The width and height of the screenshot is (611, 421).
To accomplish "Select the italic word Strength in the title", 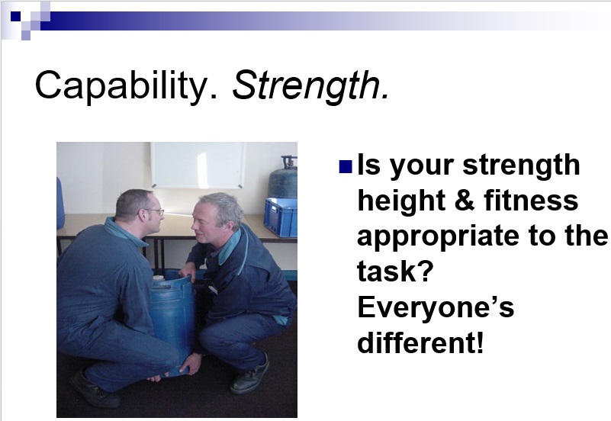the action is (x=310, y=85).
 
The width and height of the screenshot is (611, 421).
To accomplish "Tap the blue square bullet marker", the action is (x=346, y=167).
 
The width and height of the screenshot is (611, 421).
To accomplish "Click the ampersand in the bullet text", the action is (x=465, y=200).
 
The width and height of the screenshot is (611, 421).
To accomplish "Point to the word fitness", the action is (x=531, y=200).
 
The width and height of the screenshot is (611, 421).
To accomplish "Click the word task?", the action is (x=395, y=271).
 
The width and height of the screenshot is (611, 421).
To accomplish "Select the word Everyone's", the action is (x=436, y=307).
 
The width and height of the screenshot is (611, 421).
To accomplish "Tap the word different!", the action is (x=420, y=342).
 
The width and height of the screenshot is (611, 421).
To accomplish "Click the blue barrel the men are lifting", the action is (x=172, y=320).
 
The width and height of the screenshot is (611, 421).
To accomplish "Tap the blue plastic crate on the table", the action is (x=280, y=217).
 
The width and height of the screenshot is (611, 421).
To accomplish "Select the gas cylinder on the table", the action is (x=283, y=178).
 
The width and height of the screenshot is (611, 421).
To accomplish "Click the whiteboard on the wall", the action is (x=198, y=166).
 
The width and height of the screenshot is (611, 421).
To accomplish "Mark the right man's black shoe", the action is (x=250, y=374).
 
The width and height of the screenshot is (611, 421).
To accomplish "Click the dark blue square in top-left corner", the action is (x=15, y=16).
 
